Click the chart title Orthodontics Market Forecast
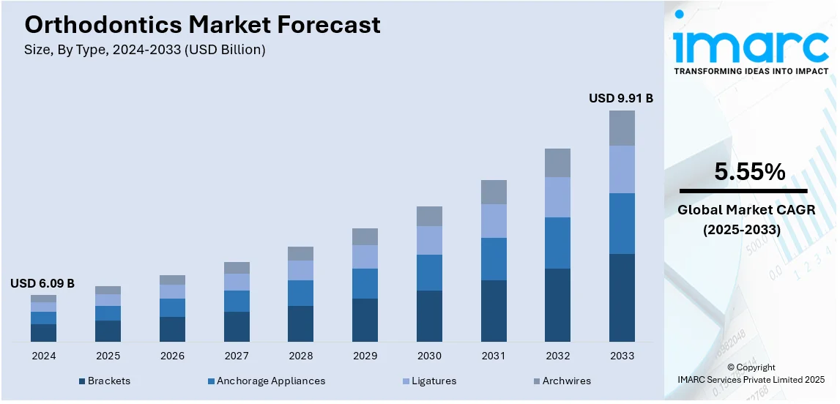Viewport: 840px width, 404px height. (202, 25)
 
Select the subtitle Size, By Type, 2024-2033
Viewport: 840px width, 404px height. (145, 50)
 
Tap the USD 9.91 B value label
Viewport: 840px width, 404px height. (620, 98)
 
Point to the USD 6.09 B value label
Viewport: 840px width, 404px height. (42, 283)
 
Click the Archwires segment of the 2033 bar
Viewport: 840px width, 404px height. (622, 128)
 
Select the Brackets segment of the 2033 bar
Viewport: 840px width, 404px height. (622, 297)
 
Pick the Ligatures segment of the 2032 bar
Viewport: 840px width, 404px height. (557, 197)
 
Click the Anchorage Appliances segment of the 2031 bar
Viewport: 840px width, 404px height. (493, 259)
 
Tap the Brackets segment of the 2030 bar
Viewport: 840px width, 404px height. (429, 315)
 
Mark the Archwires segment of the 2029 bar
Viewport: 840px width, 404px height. (365, 236)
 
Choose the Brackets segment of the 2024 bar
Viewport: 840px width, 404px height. (43, 332)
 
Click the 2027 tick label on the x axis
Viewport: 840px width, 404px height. (237, 356)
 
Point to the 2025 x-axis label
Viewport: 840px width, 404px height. (108, 356)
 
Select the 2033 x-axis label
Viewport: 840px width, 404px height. (622, 356)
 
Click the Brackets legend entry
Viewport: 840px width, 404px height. (108, 381)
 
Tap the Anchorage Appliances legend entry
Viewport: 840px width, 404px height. (270, 381)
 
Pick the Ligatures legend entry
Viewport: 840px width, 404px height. (434, 381)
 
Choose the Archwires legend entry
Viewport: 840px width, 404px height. (567, 381)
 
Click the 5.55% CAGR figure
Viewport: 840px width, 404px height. (750, 172)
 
